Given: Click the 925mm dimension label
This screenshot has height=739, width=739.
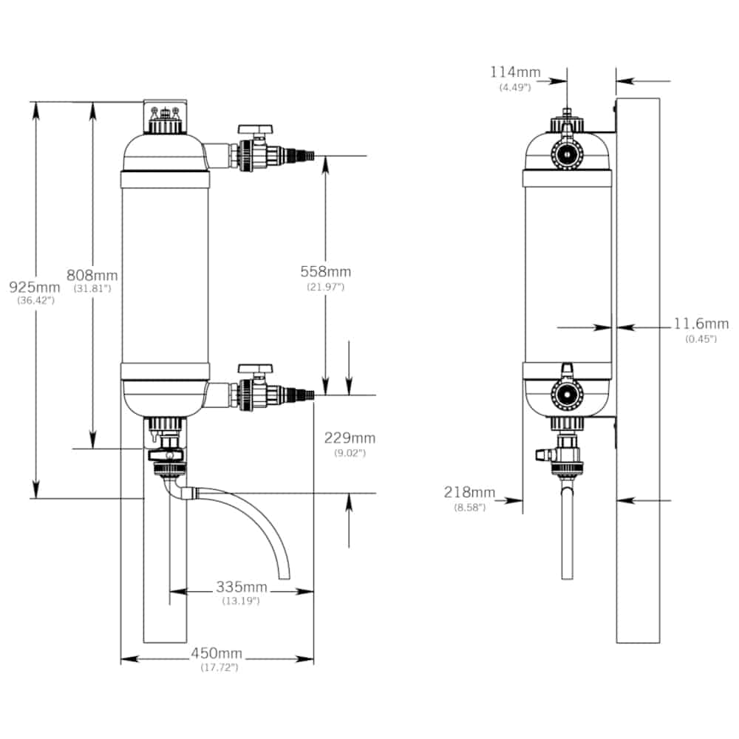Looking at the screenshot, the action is coord(35,287).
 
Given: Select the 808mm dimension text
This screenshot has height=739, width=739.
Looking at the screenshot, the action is coord(92,275).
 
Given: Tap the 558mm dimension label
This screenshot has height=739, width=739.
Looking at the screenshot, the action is coord(326,271).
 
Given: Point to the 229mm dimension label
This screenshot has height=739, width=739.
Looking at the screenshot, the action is coord(350,437).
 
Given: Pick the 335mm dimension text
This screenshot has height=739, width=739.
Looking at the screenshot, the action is coord(242,587).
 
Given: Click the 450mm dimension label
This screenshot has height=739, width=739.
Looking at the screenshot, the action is coord(217,653).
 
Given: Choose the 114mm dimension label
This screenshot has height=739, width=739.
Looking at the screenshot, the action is coord(515,72).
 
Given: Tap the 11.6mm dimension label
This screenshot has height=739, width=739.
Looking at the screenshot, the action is coord(701,324).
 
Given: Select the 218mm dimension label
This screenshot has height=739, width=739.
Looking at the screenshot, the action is coord(469,492).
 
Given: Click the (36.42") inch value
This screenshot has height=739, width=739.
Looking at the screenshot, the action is coord(35,301).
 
